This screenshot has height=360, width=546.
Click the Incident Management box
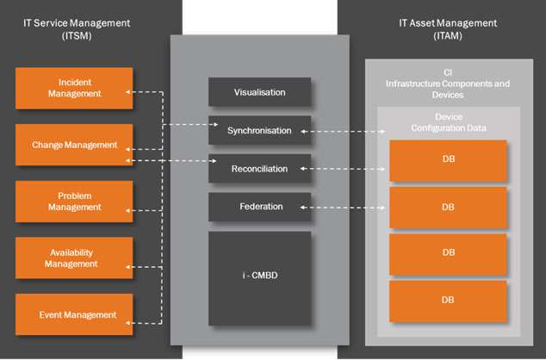click(75, 88)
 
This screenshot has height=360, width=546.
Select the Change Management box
click(75, 145)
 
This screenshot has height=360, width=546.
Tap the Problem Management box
click(75, 202)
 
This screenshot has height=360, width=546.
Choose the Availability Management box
click(75, 258)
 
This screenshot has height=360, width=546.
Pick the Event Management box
click(75, 314)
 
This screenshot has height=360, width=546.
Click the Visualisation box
click(259, 92)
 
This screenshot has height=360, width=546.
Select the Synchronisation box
click(259, 131)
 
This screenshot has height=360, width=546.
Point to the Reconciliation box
click(259, 169)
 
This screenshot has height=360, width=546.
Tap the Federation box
click(259, 207)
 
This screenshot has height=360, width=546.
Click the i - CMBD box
click(259, 277)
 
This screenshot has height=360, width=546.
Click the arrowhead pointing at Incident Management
click(129, 90)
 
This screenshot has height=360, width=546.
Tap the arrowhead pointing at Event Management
click(137, 323)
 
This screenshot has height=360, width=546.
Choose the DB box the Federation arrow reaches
click(448, 208)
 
